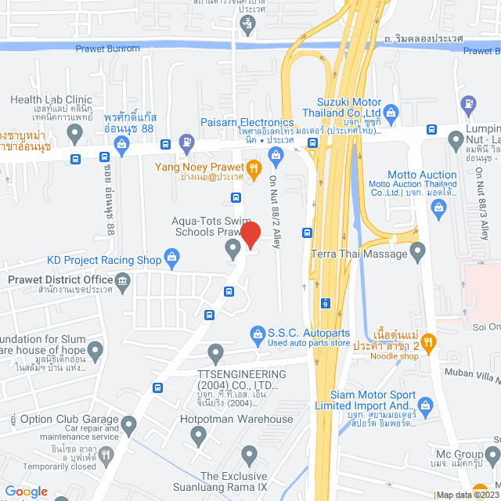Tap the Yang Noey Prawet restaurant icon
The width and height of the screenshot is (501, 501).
(x=253, y=168)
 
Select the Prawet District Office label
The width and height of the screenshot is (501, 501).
(x=60, y=279)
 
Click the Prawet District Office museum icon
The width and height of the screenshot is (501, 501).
(x=122, y=280)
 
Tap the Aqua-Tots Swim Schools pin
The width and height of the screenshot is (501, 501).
(x=232, y=248)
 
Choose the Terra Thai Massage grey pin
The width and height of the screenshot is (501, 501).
(x=417, y=251)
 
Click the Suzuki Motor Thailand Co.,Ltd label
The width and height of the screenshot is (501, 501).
(x=359, y=107)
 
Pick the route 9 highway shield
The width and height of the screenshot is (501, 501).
(x=325, y=302)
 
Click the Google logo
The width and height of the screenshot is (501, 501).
(x=26, y=492)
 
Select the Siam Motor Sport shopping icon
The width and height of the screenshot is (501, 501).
(x=426, y=405)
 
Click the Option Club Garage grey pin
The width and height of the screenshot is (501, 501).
(x=128, y=424)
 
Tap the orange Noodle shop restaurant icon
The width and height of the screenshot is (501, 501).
(x=427, y=341)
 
